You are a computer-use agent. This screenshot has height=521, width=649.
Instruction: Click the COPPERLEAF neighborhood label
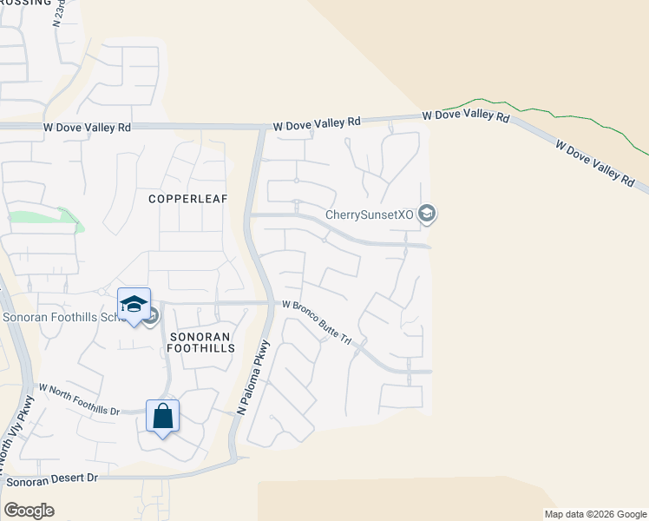pos(187,199)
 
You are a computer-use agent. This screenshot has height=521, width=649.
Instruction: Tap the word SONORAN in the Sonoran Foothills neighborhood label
pos(200,336)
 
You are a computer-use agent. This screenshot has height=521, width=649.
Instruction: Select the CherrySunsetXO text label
pos(370,214)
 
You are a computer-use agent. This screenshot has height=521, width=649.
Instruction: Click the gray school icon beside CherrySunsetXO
pos(426,213)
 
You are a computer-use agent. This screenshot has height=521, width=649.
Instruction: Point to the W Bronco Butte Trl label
pos(317,322)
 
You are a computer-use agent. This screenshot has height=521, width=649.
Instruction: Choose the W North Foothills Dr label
pos(78,399)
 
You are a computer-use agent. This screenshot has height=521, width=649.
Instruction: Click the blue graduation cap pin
pos(134,305)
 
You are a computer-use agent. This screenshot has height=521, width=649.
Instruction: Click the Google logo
pos(29,511)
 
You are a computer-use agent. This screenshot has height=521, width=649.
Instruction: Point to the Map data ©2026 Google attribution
pos(594,514)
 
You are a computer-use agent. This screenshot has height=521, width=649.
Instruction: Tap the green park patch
pos(43,219)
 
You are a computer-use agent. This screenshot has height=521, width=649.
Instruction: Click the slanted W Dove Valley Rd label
pos(594,163)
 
